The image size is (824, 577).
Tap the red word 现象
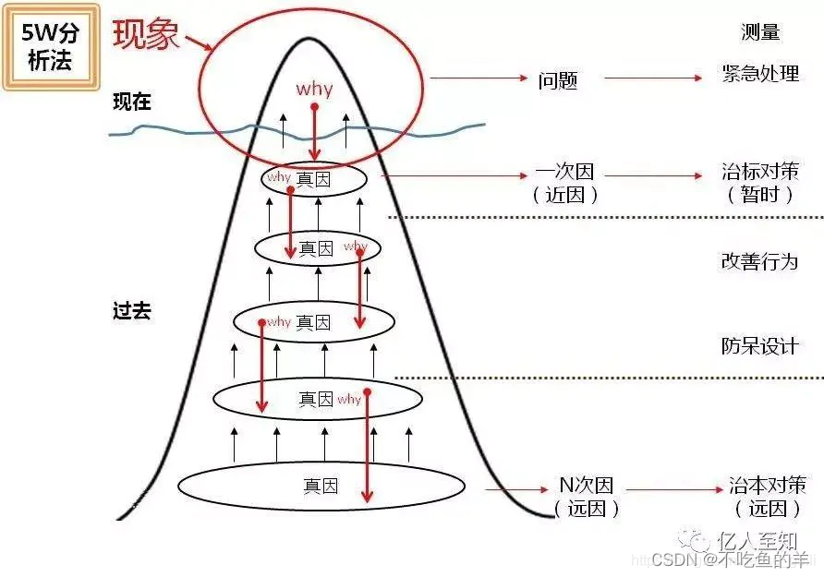click(x=146, y=33)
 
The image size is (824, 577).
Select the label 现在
click(x=132, y=102)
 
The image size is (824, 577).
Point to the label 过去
click(x=131, y=310)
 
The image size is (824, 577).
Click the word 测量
click(x=760, y=32)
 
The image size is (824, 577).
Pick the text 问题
click(x=558, y=80)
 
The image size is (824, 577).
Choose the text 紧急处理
click(x=760, y=74)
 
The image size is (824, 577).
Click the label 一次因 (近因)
click(x=564, y=183)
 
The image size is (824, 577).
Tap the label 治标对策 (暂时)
click(x=759, y=183)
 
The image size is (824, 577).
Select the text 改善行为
click(x=759, y=261)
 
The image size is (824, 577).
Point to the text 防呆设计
click(x=759, y=346)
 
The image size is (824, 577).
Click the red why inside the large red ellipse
click(x=314, y=90)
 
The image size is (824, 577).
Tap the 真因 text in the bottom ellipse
click(x=321, y=486)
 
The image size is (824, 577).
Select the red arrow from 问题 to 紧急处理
click(x=657, y=78)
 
